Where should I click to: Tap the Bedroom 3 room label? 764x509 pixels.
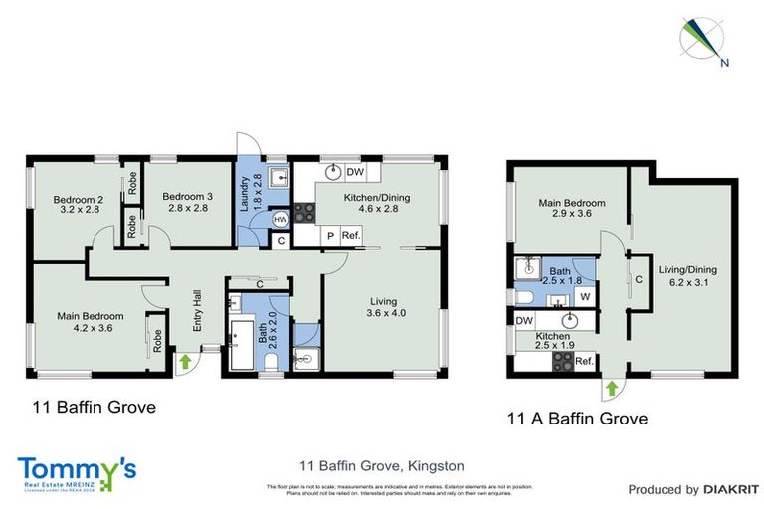(185, 202)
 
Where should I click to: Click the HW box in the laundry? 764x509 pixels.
(281, 219)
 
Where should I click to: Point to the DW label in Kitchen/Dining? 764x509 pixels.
(354, 171)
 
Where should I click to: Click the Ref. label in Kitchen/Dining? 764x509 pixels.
(350, 235)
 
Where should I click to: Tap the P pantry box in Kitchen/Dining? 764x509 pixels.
(329, 235)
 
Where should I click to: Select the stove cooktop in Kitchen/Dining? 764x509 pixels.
(304, 211)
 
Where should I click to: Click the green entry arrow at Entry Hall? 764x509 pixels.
(184, 362)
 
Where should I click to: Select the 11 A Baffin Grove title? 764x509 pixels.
(576, 419)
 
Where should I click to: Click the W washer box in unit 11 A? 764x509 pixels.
(586, 295)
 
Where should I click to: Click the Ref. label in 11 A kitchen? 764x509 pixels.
(584, 360)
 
